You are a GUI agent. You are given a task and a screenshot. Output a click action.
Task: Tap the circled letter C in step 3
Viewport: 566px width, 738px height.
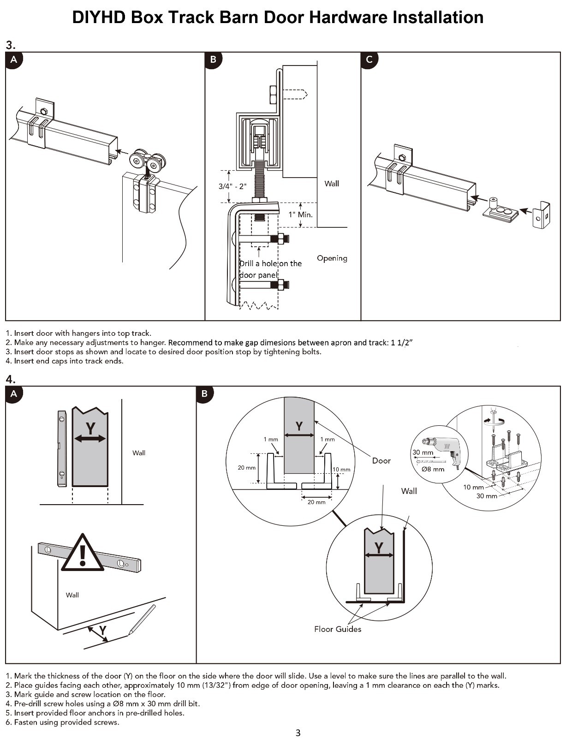click(x=369, y=60)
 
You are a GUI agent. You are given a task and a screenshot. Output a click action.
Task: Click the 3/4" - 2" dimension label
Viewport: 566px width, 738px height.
click(x=232, y=186)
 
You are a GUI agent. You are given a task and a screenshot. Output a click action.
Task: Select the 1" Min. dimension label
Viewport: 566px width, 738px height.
click(x=300, y=214)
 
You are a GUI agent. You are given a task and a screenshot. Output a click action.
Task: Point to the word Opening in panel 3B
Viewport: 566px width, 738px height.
click(x=332, y=258)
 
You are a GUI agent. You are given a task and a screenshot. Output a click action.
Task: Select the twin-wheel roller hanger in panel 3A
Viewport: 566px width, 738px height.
click(x=147, y=162)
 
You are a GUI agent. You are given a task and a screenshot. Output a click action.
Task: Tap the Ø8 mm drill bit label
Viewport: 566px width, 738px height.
click(x=433, y=469)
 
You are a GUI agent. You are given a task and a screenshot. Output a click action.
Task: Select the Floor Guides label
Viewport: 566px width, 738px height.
click(x=337, y=629)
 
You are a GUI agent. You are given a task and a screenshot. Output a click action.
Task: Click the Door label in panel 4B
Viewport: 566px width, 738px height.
click(x=381, y=461)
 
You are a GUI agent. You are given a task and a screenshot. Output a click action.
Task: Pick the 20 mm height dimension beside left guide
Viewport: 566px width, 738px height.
click(x=246, y=468)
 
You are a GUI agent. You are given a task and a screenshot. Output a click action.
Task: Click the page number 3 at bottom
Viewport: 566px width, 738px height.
click(x=298, y=732)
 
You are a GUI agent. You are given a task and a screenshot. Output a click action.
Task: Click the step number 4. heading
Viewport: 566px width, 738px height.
click(x=11, y=379)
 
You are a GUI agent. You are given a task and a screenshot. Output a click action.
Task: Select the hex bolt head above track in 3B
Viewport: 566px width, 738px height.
click(x=272, y=95)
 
